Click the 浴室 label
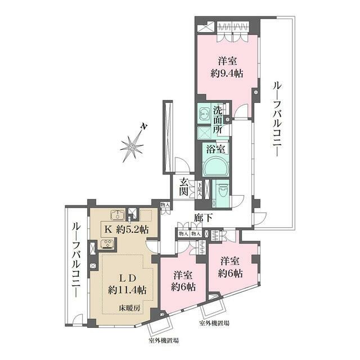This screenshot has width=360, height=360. coord(217,150)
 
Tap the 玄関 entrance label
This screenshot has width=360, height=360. coord(185,188)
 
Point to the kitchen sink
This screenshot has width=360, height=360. coord(119,215)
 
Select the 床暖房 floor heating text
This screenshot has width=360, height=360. coord(129,308)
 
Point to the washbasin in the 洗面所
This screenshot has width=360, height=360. coord(204,113)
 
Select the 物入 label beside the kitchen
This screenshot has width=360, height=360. coord(165,205)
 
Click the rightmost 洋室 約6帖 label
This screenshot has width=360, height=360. coord(231,267)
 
